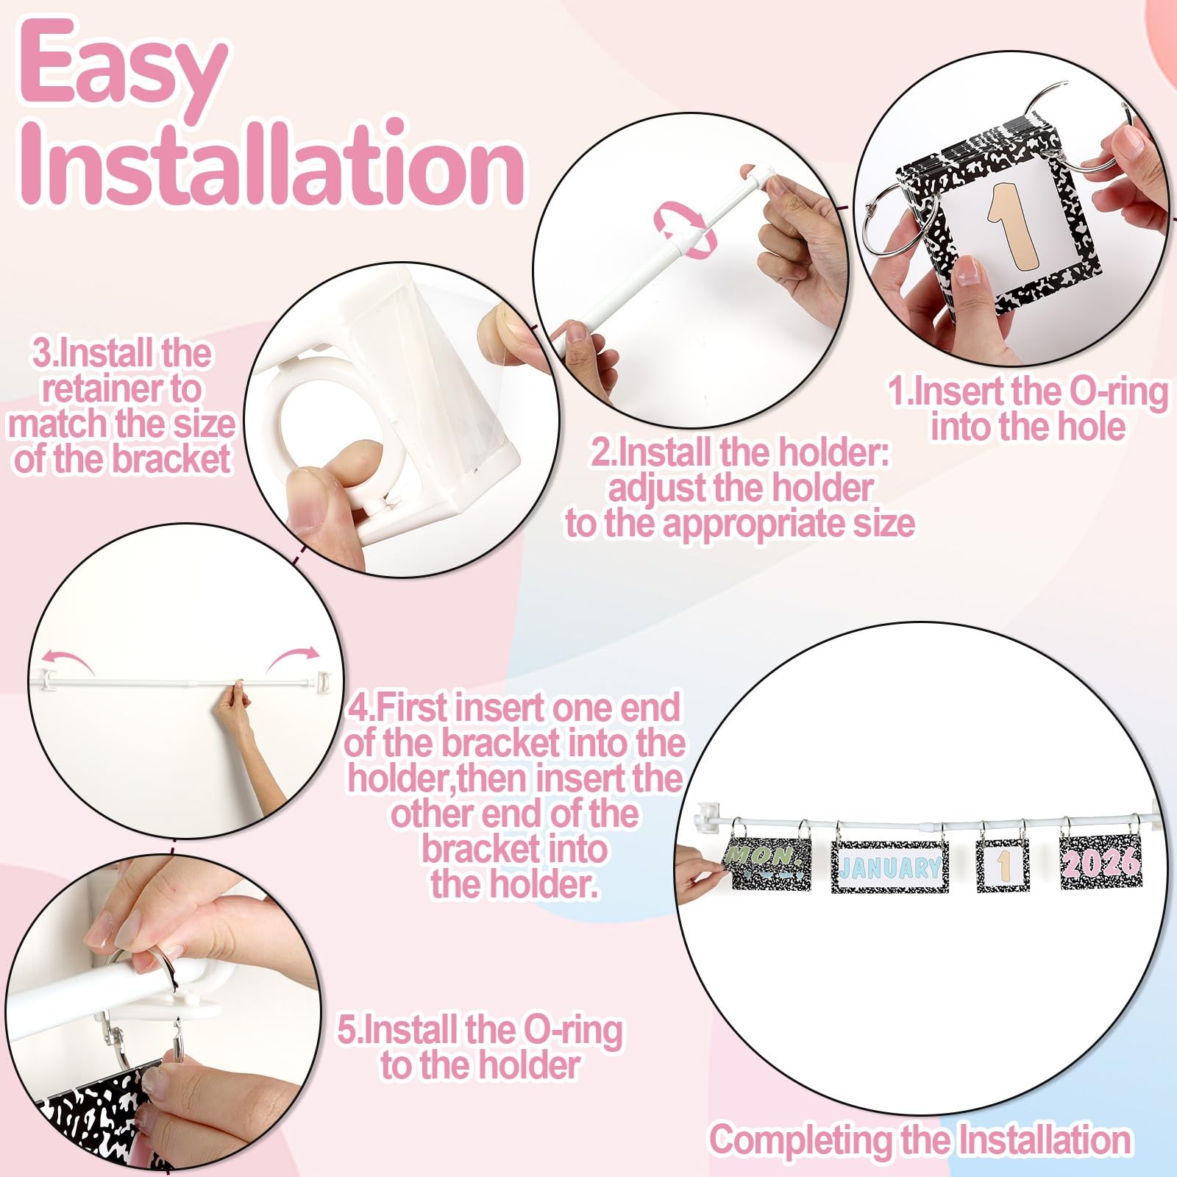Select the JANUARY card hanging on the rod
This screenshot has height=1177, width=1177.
click(x=889, y=867)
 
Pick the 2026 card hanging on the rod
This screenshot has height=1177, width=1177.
click(x=1100, y=862)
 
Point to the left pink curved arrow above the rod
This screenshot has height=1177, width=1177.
click(x=66, y=658)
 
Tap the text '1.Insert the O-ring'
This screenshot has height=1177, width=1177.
click(x=1028, y=392)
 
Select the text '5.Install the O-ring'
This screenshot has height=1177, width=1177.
click(x=480, y=1031)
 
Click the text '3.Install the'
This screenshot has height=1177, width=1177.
click(x=121, y=354)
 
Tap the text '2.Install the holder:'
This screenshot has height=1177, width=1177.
click(x=741, y=453)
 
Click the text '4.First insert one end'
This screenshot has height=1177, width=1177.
click(x=513, y=708)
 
